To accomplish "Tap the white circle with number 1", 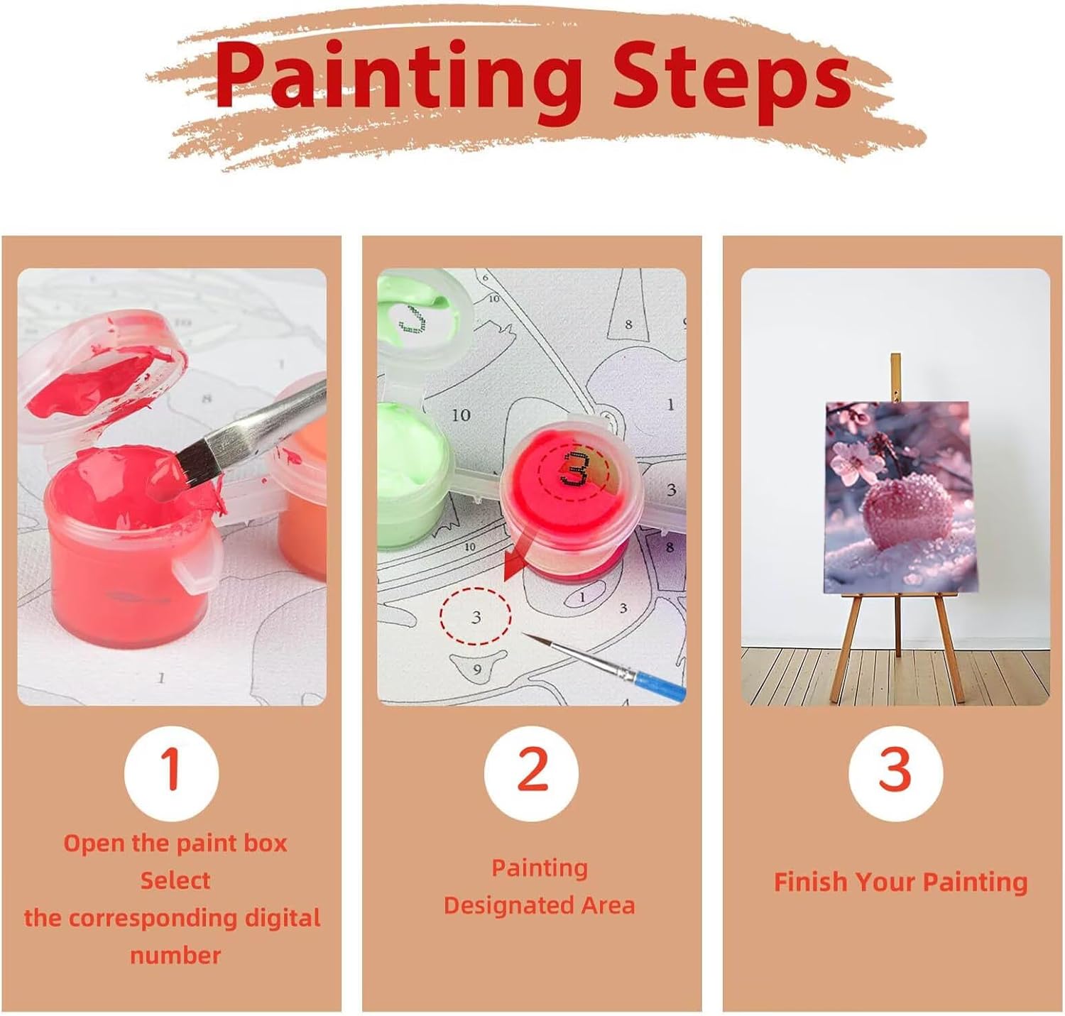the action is point(171,772).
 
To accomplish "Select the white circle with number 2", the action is point(531,772).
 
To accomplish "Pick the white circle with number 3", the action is point(895,772).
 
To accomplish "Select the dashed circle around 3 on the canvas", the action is point(475,616).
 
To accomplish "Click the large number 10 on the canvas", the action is point(461,415).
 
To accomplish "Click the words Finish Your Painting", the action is point(900,882).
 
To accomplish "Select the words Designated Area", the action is point(539,905).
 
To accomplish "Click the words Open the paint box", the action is point(175,843).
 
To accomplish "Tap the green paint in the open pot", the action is point(413,455).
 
